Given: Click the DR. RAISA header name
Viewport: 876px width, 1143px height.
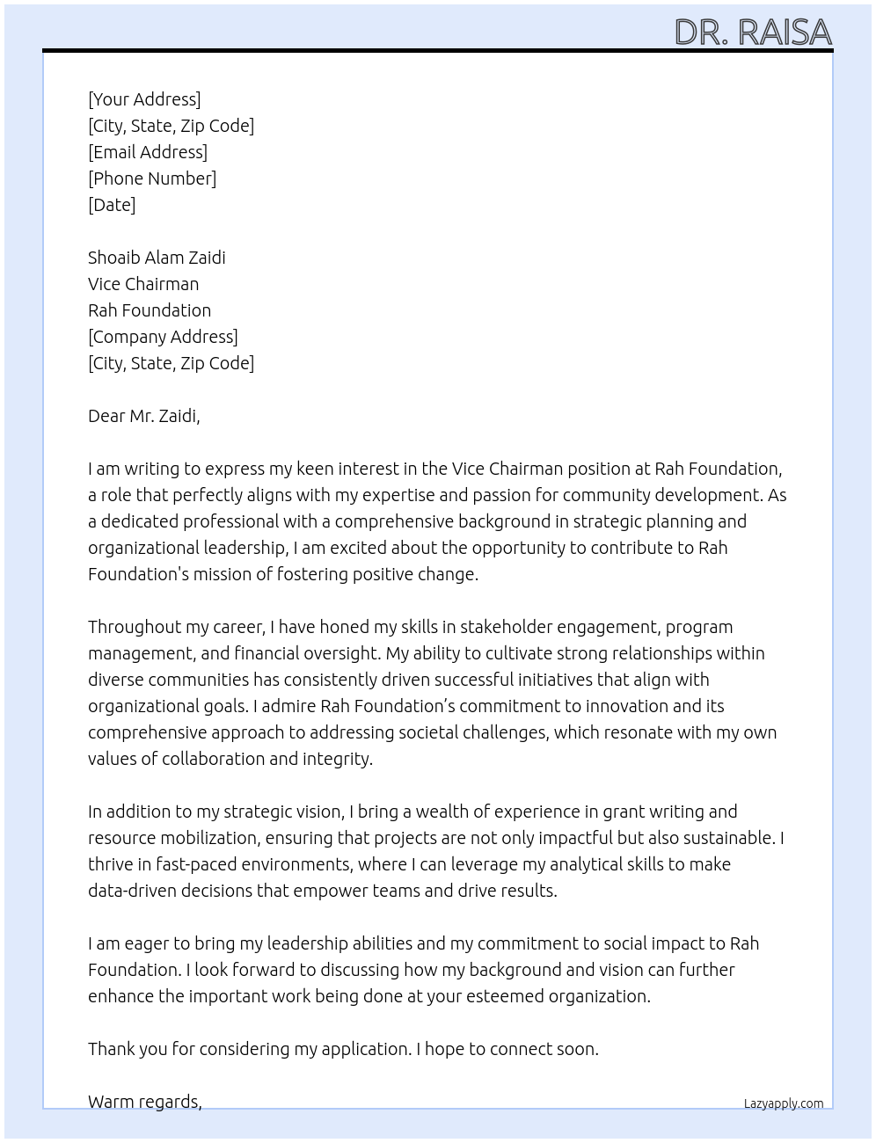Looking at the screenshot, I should (753, 33).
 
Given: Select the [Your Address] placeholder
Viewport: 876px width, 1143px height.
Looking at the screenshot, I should (144, 99).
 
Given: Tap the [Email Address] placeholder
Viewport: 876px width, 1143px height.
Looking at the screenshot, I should (148, 152).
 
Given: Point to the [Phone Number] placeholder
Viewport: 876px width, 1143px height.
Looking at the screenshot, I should (152, 178).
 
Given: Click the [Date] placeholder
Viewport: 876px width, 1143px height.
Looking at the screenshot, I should (112, 205).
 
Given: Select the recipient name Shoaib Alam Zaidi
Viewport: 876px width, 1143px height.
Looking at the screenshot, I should (157, 258).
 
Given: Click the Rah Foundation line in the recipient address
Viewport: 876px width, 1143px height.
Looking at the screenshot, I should (150, 310).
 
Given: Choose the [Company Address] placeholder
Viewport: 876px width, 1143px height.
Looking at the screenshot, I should (163, 337).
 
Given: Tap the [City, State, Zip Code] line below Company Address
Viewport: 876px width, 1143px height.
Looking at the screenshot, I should (171, 363).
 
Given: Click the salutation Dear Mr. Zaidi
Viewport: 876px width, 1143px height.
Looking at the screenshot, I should (144, 416).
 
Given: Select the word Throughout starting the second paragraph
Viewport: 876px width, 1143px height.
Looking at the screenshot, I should (132, 627).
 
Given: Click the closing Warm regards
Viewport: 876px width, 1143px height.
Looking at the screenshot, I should (145, 1102).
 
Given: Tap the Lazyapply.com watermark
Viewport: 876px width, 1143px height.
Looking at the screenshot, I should (784, 1103).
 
